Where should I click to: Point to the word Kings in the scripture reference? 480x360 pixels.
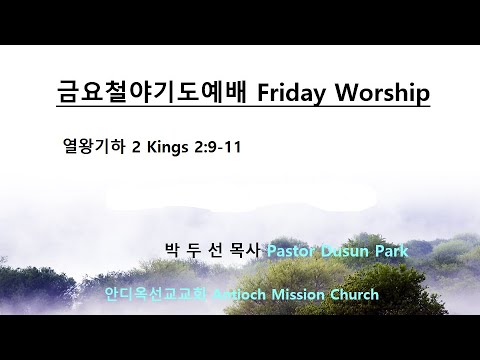tap(168, 146)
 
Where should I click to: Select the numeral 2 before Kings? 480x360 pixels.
tap(137, 146)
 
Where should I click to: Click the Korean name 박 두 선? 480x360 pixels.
tap(193, 250)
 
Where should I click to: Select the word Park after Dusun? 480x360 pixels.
tap(390, 250)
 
